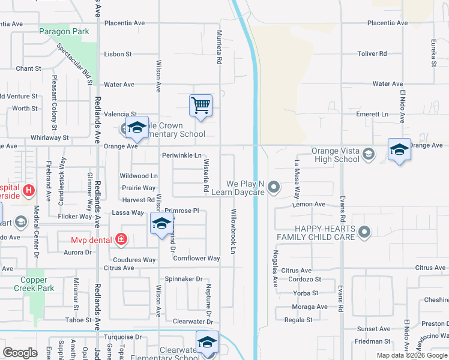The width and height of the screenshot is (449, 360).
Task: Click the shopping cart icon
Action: click(x=200, y=105)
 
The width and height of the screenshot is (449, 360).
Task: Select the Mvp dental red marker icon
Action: click(x=121, y=239)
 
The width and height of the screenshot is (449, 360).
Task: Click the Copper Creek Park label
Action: click(x=37, y=284)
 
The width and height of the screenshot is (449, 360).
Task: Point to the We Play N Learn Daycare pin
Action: click(x=274, y=188)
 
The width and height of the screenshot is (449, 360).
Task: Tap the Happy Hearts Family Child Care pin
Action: click(x=364, y=231)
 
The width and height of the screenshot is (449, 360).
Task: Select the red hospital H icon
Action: click(x=28, y=191)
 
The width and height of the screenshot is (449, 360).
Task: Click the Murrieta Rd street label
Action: click(x=220, y=48)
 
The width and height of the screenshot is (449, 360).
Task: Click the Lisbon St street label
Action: click(x=118, y=54)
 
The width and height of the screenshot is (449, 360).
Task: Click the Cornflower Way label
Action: click(x=196, y=258)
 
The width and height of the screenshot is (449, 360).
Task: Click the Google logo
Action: click(x=20, y=353)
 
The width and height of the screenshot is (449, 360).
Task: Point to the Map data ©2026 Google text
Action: click(x=411, y=355)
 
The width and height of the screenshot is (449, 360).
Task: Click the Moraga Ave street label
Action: click(x=310, y=307)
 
